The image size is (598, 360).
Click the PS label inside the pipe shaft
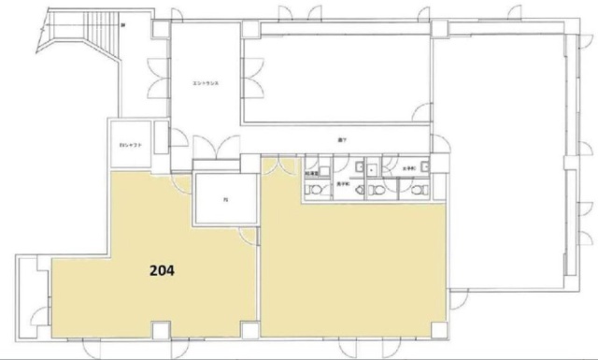224,199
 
